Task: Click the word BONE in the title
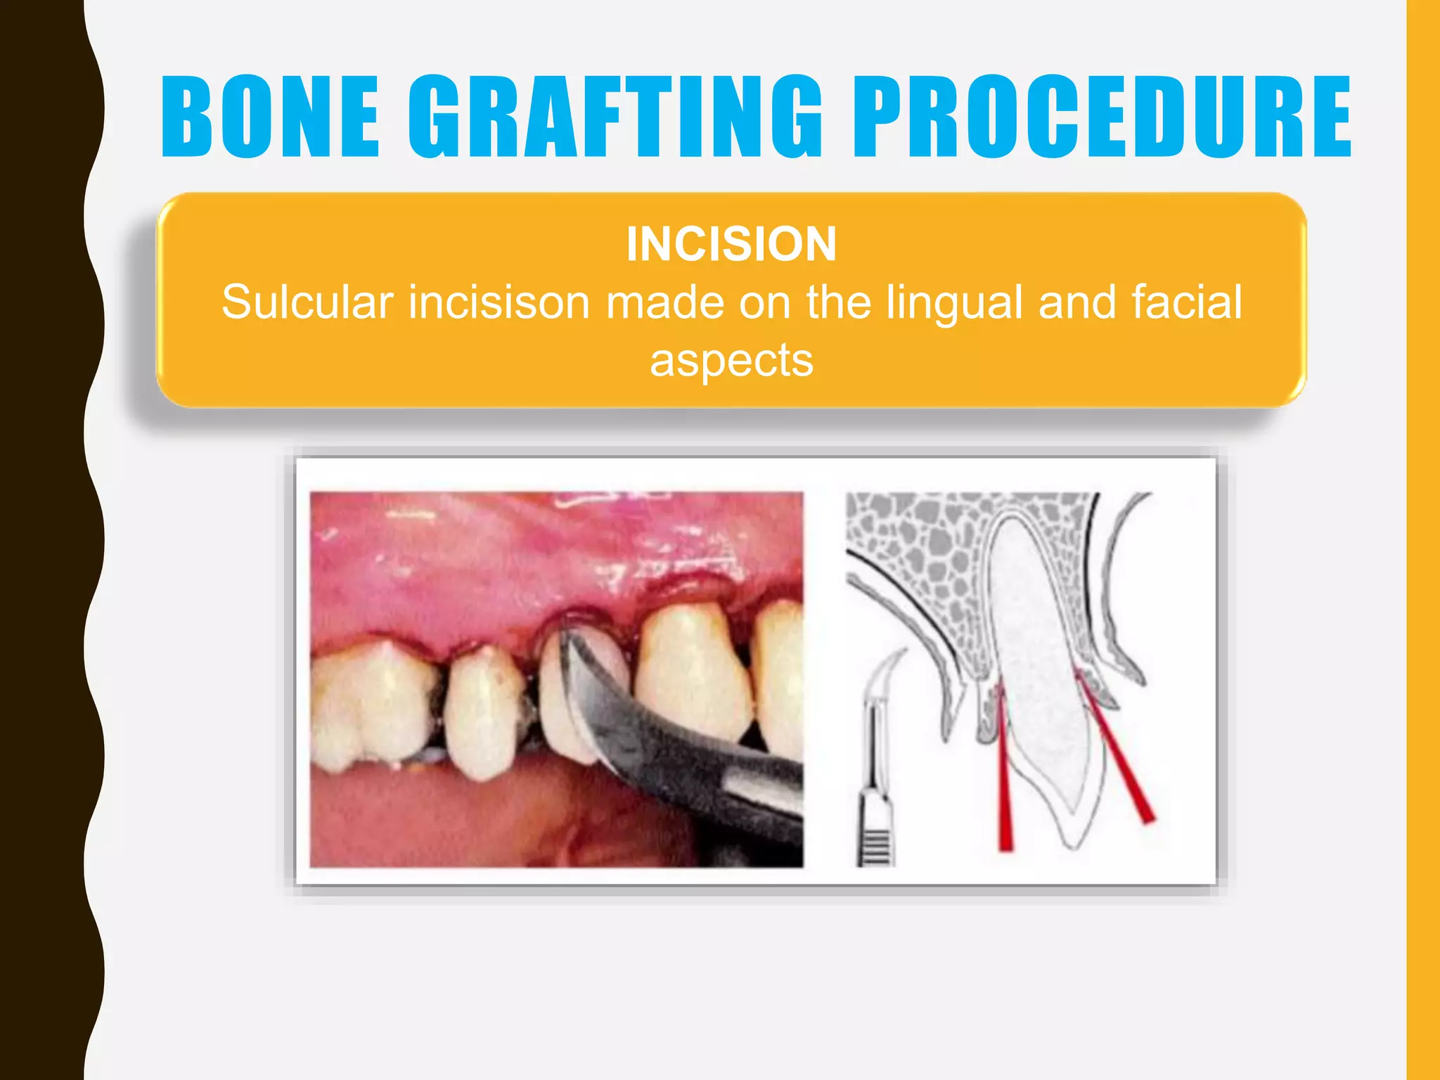point(271,117)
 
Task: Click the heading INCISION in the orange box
point(731,244)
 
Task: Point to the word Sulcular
point(307,302)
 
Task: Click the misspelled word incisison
point(499,302)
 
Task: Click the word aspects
point(731,360)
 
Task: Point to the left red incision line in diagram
point(1004,780)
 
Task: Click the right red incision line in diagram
point(1125,766)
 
